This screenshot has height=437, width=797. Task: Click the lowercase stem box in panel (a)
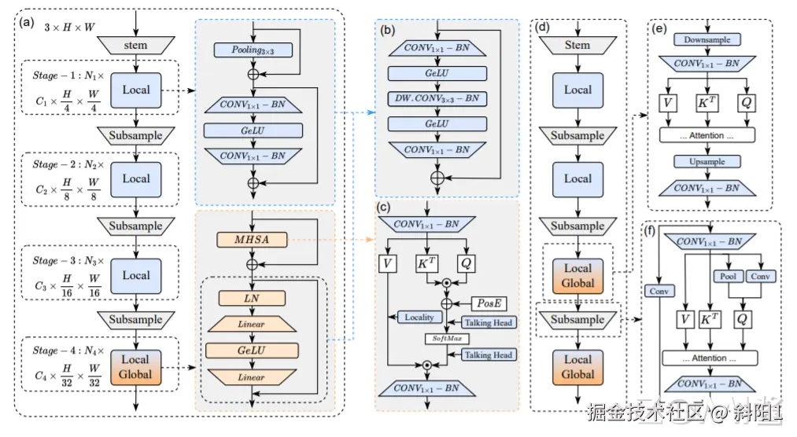point(135,46)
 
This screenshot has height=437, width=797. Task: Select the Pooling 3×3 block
point(253,50)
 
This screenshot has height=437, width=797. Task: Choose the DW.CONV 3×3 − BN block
point(437,99)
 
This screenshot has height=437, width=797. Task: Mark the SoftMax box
point(446,338)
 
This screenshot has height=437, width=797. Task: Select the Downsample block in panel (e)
point(707,39)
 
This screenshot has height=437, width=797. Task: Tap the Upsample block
point(707,161)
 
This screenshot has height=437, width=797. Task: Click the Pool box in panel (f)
point(728,277)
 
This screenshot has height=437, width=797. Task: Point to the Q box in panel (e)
point(746,102)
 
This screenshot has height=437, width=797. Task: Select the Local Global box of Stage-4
point(136,367)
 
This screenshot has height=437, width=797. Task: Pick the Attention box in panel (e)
point(707,135)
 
